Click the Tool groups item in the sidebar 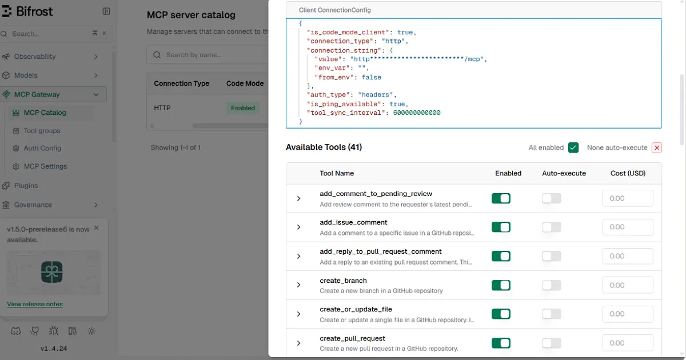pos(42,131)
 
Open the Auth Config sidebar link pos(42,148)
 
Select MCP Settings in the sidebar pos(45,166)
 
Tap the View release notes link pos(35,304)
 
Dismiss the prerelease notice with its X pos(97,228)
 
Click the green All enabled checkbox pos(573,147)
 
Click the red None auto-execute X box pos(657,147)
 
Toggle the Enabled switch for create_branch pos(501,285)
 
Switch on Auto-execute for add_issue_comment pos(551,227)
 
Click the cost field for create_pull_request pos(628,343)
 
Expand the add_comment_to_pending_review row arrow pos(298,198)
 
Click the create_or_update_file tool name pos(356,309)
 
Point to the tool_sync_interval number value pos(417,113)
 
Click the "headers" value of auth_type pos(376,95)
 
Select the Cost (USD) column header pos(628,173)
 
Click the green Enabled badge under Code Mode pos(243,108)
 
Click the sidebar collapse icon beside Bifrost pos(106,11)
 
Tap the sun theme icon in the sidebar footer pos(91,331)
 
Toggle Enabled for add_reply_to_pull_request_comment pos(501,256)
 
